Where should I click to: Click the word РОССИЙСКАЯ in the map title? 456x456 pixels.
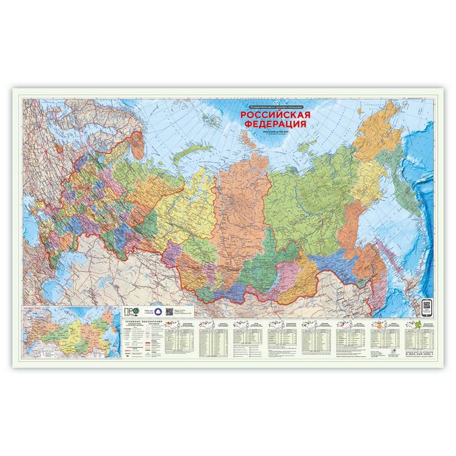(275, 115)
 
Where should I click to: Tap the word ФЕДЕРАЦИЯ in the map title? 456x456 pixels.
(275, 124)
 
